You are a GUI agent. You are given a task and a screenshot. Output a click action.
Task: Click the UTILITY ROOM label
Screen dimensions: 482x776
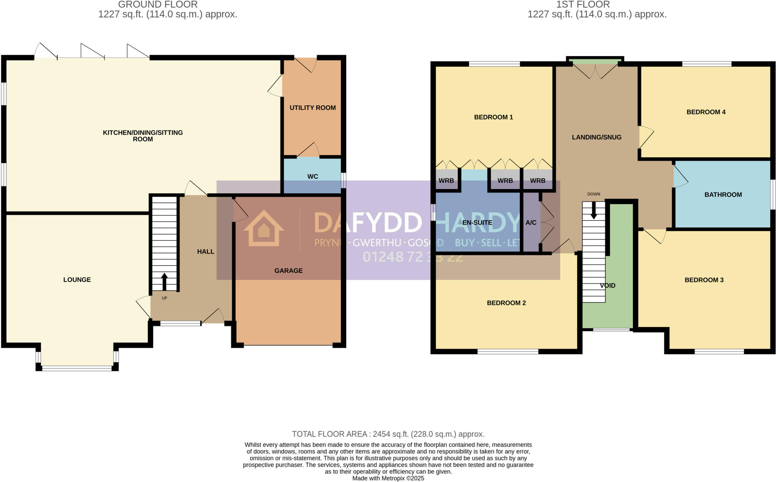tap(313, 108)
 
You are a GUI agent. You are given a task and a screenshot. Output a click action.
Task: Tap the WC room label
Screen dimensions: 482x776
tap(313, 177)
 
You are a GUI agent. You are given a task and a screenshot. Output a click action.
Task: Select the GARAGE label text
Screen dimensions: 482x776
tap(288, 271)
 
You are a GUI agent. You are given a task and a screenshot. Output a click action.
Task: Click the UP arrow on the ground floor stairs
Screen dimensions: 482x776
tap(164, 282)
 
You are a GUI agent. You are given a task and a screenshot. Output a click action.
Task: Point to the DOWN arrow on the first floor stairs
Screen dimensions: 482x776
tap(594, 210)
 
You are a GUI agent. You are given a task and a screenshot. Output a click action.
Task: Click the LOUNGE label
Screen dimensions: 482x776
tap(77, 280)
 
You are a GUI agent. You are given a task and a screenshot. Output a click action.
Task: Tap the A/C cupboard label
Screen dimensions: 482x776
tap(531, 223)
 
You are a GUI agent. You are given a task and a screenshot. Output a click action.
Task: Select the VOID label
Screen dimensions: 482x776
tap(608, 286)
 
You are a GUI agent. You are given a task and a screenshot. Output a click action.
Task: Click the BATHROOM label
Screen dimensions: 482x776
tap(723, 195)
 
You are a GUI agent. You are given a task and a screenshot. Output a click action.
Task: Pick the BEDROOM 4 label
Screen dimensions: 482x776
tap(706, 112)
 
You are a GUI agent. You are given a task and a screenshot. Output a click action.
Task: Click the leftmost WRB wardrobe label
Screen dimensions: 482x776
tap(446, 181)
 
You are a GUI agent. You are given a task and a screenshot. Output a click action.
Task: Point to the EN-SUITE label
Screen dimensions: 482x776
tap(477, 223)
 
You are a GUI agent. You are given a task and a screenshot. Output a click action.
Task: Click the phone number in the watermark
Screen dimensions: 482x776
tap(413, 257)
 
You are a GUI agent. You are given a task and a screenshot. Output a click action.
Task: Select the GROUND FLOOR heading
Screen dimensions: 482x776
tap(158, 5)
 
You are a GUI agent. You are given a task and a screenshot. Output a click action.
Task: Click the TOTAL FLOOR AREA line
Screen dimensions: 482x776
tap(388, 434)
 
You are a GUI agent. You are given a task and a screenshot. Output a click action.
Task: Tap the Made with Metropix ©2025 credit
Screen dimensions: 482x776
tap(388, 479)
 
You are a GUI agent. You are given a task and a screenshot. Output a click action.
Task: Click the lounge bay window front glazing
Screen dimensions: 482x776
tap(77, 368)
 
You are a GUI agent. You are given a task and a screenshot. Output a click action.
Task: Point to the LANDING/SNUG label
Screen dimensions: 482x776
tap(596, 138)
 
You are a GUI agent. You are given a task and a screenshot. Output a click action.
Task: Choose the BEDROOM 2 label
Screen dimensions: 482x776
tap(506, 303)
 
